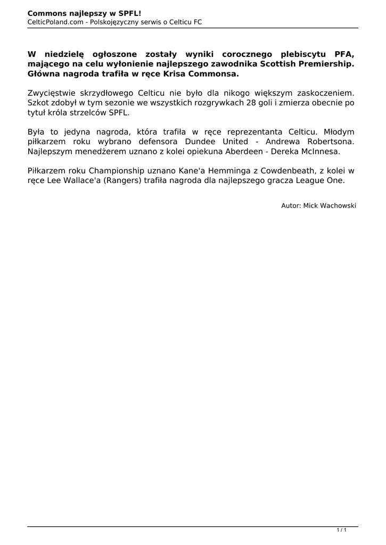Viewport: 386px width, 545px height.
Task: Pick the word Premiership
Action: [326, 64]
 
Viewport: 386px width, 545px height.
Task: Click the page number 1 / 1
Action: [342, 530]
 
